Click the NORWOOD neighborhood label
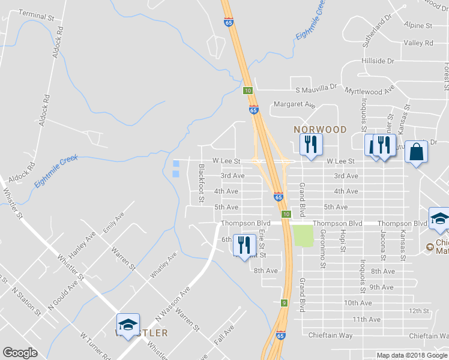(x=320, y=130)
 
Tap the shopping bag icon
(x=417, y=152)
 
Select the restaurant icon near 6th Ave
(x=244, y=245)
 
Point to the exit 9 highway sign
(x=284, y=303)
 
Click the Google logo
(x=20, y=353)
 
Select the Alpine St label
(x=418, y=26)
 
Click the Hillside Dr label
(x=378, y=61)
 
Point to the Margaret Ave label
(x=295, y=104)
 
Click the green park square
(x=304, y=235)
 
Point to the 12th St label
(x=419, y=311)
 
